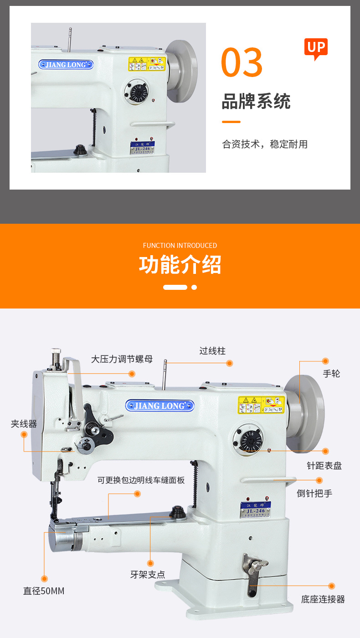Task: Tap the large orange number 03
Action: click(x=242, y=62)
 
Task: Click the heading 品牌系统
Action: click(x=256, y=101)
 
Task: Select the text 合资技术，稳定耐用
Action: click(x=265, y=144)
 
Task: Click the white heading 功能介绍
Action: click(x=180, y=265)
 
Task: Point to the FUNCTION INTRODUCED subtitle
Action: click(x=180, y=246)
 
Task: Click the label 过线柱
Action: click(x=212, y=351)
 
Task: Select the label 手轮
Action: click(x=331, y=374)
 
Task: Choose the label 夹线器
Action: click(x=24, y=424)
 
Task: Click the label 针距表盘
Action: click(x=324, y=466)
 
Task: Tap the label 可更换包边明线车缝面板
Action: click(x=141, y=480)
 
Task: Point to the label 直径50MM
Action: click(x=44, y=591)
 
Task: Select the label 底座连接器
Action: click(x=323, y=599)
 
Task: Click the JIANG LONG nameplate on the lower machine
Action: click(x=159, y=406)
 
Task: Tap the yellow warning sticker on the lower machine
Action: click(x=261, y=405)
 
